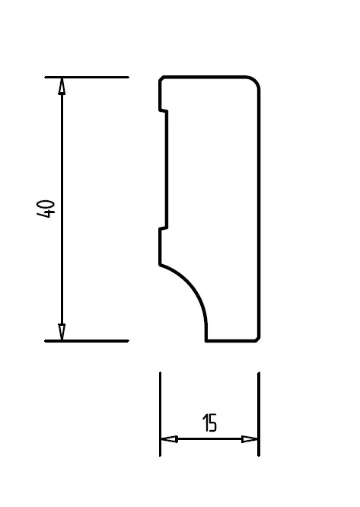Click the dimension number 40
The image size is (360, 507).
point(46,209)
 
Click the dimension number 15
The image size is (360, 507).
point(209,422)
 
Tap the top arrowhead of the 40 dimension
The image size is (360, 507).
point(62,87)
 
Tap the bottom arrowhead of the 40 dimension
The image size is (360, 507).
point(62,332)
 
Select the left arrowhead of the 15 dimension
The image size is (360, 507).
point(169,439)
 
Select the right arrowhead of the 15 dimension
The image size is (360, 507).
point(250,439)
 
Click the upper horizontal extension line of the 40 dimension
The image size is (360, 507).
point(87,78)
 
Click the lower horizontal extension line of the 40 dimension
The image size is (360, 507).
point(87,341)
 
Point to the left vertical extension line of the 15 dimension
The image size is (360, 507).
point(160,414)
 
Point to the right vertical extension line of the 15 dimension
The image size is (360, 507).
point(259,414)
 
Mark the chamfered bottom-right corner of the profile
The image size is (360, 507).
point(258,339)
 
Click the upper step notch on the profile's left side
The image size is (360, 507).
point(163,110)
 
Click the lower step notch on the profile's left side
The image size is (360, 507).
point(163,228)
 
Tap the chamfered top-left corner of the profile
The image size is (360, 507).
point(161,78)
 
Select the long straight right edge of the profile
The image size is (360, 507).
point(259,213)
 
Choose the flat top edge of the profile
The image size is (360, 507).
point(205,77)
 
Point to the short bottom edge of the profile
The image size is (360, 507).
point(231,340)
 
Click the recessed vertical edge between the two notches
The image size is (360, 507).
point(167,170)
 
